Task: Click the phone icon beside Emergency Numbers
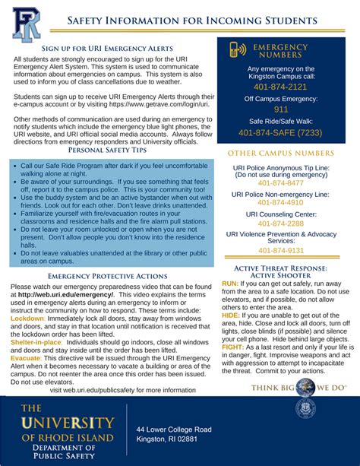click(238, 51)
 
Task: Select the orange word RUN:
click(230, 283)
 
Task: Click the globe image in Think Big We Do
click(305, 387)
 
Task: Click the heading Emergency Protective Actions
click(107, 275)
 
